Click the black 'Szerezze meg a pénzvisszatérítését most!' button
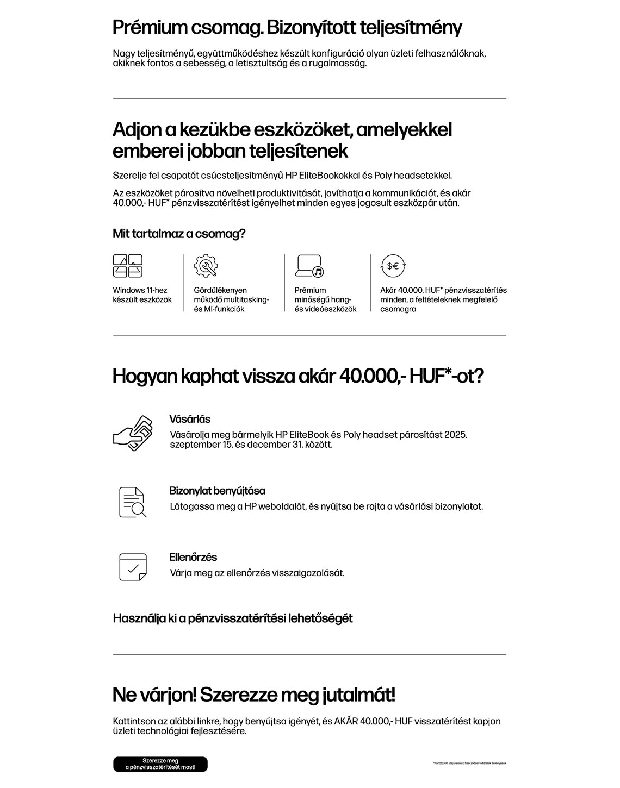(160, 764)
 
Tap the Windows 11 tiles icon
(128, 266)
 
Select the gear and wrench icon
(206, 266)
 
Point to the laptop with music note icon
(309, 266)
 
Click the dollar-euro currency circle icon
(393, 266)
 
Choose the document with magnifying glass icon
(132, 502)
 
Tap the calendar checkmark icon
(133, 567)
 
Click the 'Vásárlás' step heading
(190, 420)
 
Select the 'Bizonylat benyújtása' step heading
(217, 491)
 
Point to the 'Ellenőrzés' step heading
(193, 557)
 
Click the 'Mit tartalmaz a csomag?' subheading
(179, 234)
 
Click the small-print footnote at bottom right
(469, 764)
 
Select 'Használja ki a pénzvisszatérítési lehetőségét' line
(233, 618)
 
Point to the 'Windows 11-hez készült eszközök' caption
(142, 295)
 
